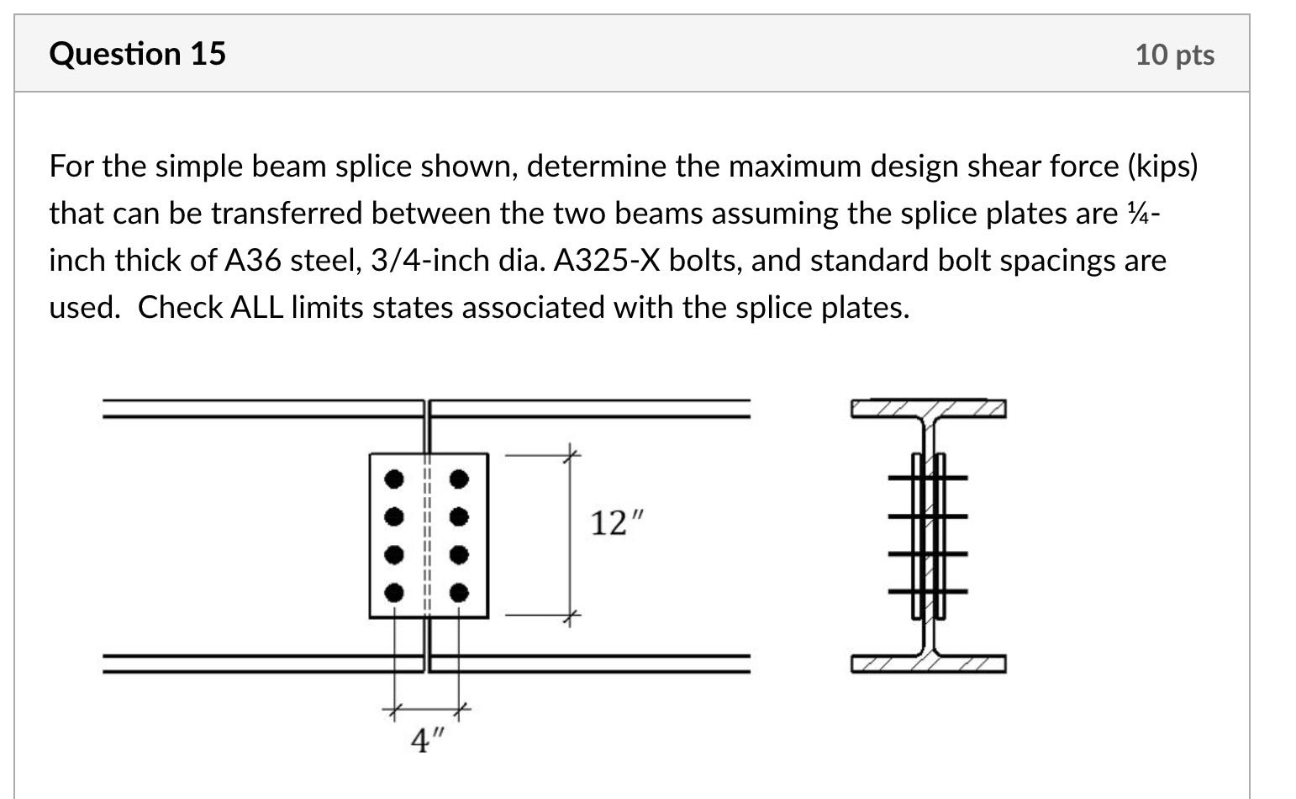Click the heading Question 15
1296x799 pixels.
tap(137, 54)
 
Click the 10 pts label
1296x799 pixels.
tap(1174, 55)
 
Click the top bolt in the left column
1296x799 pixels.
tap(392, 479)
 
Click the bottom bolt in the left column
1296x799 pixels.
tap(392, 593)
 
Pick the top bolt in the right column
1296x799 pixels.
tap(458, 479)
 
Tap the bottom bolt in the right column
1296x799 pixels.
tap(458, 593)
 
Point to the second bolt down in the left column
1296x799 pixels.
tap(392, 516)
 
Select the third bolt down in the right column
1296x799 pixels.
tap(458, 555)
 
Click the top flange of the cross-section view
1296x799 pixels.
tap(928, 409)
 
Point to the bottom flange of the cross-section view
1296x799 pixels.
tap(928, 664)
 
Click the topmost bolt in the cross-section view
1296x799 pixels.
tap(928, 478)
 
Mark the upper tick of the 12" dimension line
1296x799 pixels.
tap(570, 455)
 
